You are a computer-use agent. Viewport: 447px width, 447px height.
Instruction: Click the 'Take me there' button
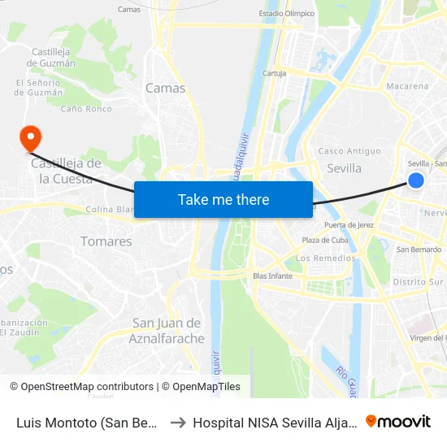[223, 199]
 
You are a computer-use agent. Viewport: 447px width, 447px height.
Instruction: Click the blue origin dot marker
[415, 180]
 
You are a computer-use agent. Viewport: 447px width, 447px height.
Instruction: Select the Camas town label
[165, 88]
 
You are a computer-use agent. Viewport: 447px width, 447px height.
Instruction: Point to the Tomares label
[106, 241]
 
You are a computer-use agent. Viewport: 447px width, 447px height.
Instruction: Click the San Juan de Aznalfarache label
[167, 331]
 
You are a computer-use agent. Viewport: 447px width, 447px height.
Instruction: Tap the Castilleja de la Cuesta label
[66, 170]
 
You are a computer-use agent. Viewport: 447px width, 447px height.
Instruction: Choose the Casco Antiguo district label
[349, 151]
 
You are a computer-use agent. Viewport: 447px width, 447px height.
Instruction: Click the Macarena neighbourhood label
[407, 86]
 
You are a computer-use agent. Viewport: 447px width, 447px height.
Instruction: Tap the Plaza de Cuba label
[324, 240]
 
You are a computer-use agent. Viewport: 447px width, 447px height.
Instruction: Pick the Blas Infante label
[272, 276]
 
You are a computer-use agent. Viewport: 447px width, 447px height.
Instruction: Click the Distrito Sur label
[419, 281]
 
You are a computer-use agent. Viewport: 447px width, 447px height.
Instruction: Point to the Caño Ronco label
[86, 108]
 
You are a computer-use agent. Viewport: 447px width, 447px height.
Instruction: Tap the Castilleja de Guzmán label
[54, 57]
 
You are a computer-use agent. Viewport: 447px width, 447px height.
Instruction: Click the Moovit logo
[397, 421]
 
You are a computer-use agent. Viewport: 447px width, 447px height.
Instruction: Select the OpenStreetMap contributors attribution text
[82, 387]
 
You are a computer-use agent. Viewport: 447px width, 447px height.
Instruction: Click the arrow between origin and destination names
[177, 422]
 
